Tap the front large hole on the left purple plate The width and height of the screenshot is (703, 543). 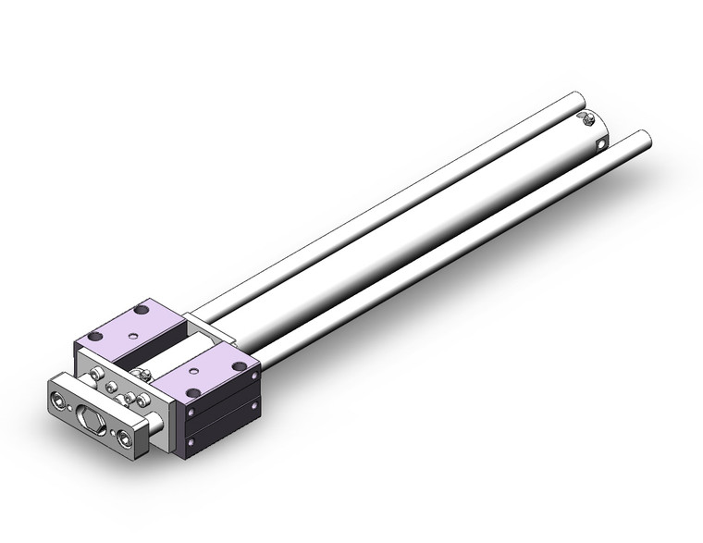(96, 337)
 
